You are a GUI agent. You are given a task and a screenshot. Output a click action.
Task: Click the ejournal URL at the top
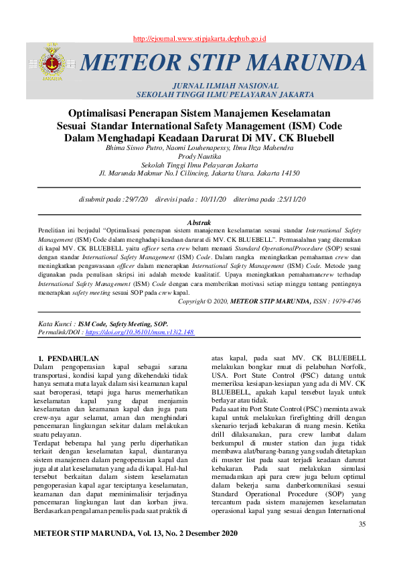[x=200, y=40]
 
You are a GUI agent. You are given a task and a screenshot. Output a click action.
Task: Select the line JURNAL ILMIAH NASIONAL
[x=225, y=86]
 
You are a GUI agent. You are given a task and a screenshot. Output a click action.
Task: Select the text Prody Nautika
[x=199, y=155]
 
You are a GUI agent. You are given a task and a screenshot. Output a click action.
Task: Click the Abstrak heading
[x=199, y=222]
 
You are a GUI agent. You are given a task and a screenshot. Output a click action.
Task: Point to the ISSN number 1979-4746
[x=343, y=302]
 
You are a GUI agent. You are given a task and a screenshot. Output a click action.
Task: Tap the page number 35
[x=362, y=524]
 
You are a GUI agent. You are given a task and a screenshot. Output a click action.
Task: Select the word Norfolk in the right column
[x=348, y=376]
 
